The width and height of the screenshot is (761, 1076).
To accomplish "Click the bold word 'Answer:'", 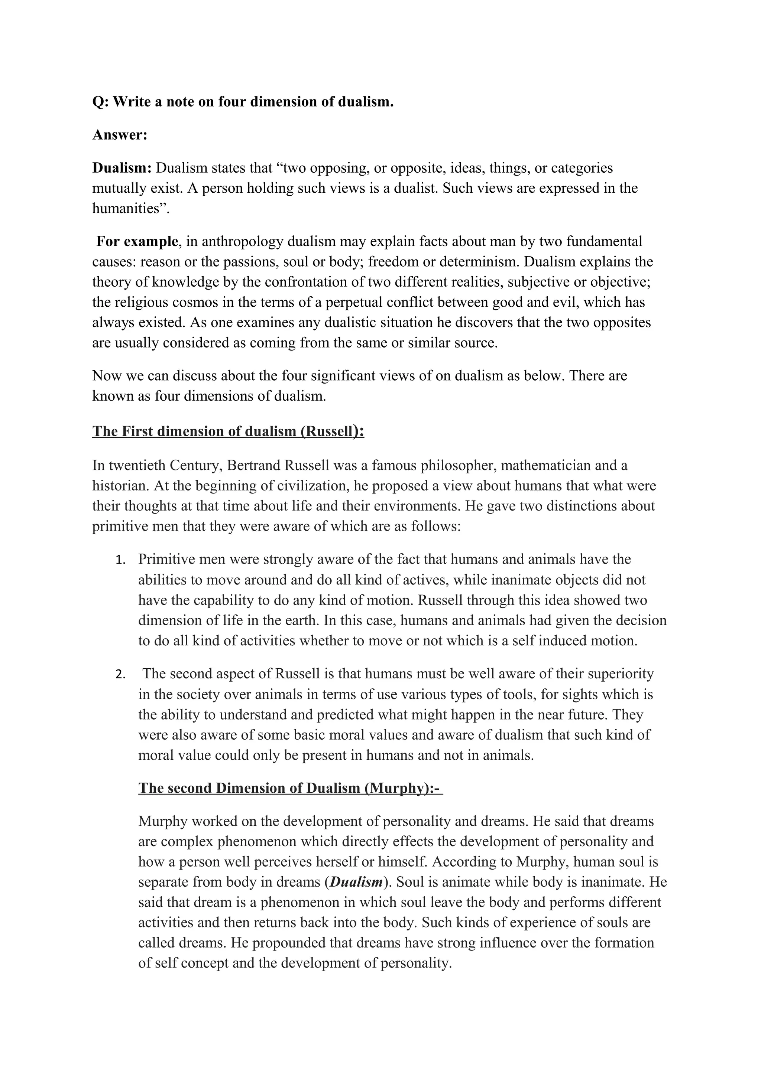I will [x=120, y=135].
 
